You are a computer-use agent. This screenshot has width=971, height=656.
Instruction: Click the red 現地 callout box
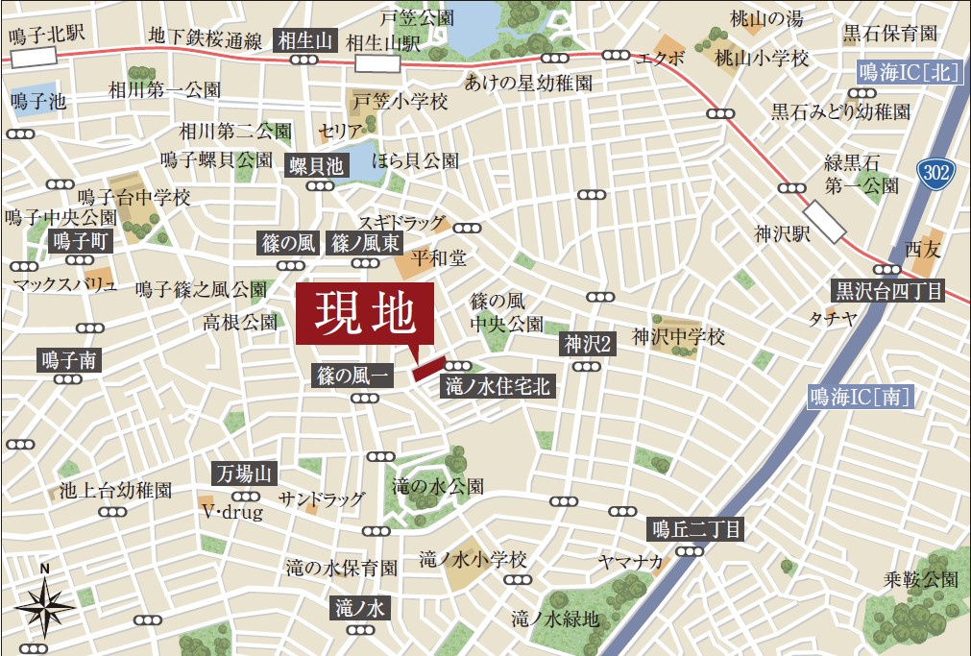365,313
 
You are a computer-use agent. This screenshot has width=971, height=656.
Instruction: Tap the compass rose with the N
44,605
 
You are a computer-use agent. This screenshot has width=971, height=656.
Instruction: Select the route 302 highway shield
935,173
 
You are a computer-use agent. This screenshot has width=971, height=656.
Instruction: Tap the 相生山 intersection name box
304,40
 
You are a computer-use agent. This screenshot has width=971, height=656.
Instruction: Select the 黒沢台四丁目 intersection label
888,291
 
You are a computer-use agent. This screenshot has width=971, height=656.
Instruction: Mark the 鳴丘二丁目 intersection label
697,527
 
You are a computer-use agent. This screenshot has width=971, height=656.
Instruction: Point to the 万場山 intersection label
245,474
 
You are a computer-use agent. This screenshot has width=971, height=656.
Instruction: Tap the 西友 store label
924,250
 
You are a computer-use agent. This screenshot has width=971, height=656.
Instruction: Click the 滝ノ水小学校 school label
473,559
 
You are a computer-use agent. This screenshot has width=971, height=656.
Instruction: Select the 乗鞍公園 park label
922,580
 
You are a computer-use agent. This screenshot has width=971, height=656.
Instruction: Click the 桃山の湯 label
765,18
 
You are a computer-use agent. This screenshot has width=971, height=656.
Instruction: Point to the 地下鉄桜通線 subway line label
205,38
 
